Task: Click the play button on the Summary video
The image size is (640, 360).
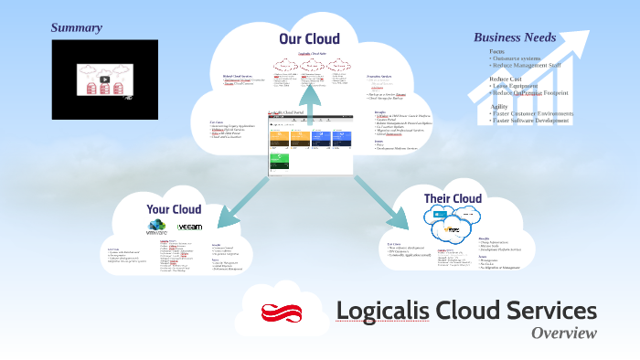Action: [x=104, y=79]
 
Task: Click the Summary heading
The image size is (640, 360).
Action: [x=76, y=27]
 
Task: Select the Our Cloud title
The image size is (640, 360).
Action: [x=309, y=38]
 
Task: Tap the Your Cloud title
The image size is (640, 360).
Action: [x=174, y=209]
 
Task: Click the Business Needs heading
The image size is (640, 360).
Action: [x=515, y=37]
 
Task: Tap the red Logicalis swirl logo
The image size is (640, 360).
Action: [x=283, y=313]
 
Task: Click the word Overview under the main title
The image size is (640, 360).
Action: [x=563, y=333]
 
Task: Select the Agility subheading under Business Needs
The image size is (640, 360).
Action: [x=499, y=106]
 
